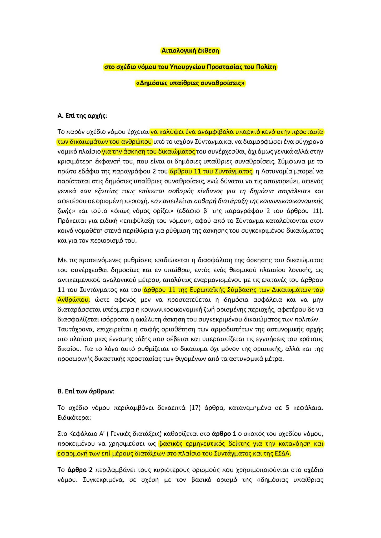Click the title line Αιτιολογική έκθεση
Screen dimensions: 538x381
pyautogui.click(x=190, y=51)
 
